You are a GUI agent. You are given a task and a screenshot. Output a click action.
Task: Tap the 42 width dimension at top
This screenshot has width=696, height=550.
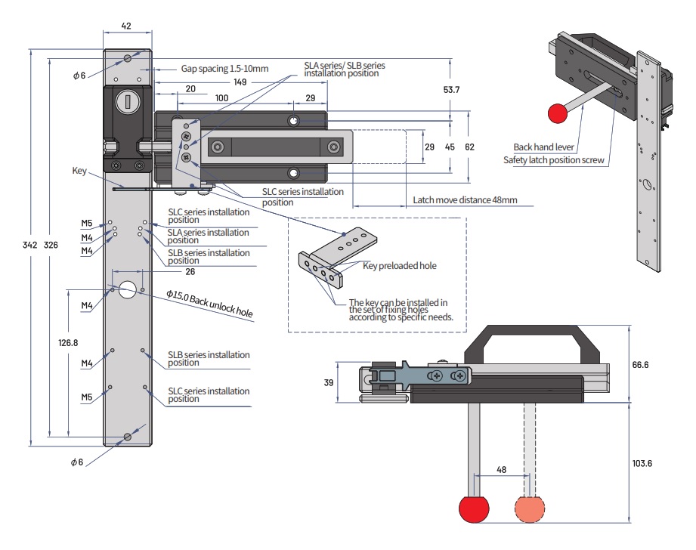(126, 26)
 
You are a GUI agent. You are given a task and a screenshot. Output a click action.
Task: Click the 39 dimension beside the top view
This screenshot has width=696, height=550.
(328, 383)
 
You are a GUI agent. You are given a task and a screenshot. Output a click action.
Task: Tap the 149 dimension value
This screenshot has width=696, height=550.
(240, 82)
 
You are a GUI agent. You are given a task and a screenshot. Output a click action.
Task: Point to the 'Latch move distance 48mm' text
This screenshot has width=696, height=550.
(466, 200)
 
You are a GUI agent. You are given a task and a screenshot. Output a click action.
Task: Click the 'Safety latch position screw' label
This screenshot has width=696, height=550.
(554, 159)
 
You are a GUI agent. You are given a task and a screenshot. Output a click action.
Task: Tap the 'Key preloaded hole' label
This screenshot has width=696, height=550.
(400, 266)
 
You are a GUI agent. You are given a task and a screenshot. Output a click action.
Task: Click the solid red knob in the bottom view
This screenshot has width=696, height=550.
(475, 509)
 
